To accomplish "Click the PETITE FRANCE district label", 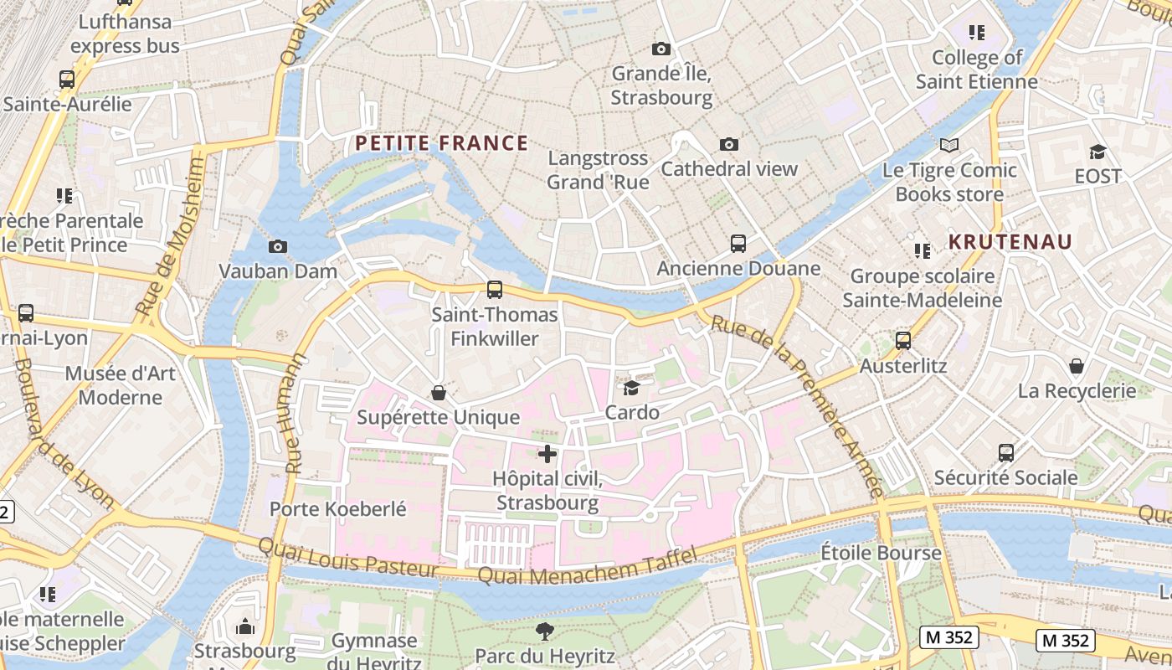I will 441,143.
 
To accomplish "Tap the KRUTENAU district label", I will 1010,242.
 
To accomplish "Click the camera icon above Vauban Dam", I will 278,246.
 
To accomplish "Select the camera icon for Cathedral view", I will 729,144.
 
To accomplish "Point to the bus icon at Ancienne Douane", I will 738,244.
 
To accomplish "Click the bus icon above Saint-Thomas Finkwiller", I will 495,290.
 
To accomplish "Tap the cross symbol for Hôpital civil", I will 547,454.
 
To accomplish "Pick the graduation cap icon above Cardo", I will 631,388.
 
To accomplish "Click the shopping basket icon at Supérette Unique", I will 438,393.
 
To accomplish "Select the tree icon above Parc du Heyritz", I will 545,631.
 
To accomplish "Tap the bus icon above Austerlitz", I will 903,341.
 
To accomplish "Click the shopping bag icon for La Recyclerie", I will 1077,366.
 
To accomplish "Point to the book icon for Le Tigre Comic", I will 948,146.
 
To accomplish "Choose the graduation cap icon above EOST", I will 1097,152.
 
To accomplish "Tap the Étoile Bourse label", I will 881,554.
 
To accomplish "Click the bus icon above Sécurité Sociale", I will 1006,453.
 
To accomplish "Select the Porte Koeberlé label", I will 337,508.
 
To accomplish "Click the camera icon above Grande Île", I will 661,49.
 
